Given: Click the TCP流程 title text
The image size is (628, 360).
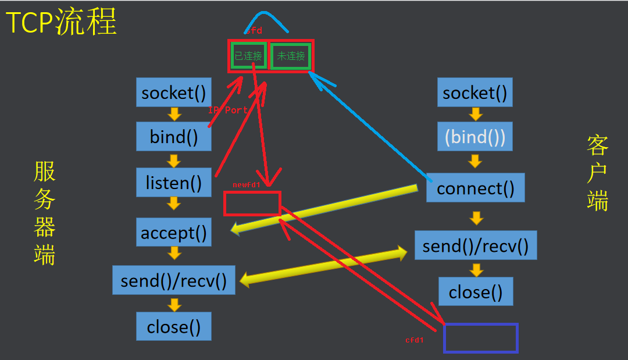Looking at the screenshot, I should click(61, 22).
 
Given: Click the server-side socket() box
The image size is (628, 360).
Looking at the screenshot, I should click(173, 92).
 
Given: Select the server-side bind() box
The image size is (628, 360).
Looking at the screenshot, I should click(173, 136).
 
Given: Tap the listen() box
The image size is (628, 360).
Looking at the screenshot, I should click(173, 183).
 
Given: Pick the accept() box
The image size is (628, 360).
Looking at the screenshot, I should click(173, 233).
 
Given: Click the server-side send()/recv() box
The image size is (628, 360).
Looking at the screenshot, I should click(173, 280).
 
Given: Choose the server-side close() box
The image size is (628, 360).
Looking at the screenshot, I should click(173, 326).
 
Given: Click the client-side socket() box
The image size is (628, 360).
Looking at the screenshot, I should click(474, 92).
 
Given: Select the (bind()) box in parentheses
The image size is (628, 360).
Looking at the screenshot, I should click(474, 137).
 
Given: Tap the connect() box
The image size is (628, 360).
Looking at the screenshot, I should click(475, 188).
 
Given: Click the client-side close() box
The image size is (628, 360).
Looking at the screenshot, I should click(475, 291).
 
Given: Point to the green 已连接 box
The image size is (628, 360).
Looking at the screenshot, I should click(248, 56).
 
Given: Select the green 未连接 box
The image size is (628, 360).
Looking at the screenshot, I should click(291, 56).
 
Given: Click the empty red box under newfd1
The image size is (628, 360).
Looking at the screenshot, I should click(252, 204).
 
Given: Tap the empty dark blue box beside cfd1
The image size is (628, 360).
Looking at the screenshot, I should click(480, 338).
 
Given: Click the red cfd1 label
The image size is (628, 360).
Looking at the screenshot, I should click(414, 340).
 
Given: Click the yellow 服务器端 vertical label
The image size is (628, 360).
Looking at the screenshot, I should click(45, 213).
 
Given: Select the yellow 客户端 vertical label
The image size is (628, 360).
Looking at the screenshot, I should click(597, 173).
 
